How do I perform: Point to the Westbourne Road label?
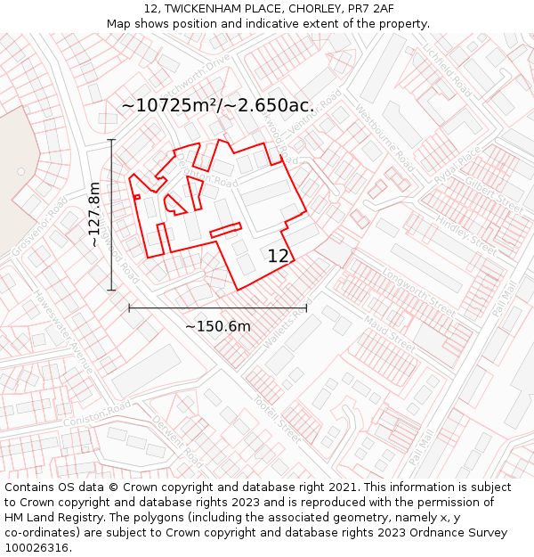[384, 138]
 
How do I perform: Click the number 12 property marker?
[279, 256]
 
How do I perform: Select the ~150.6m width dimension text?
[218, 326]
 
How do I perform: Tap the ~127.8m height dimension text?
[94, 214]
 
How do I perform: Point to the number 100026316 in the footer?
[36, 547]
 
